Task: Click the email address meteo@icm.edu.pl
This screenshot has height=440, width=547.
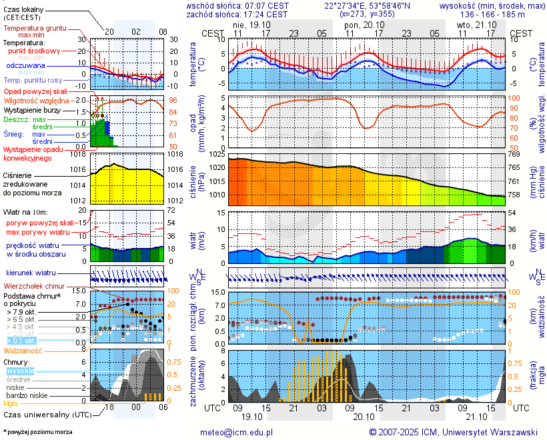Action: (237, 432)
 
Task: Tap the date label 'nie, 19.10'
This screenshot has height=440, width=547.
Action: (249, 24)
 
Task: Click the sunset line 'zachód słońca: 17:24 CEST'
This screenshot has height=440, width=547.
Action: (237, 14)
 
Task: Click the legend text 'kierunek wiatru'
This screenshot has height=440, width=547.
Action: (31, 273)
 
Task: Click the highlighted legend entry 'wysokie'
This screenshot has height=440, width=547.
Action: (19, 371)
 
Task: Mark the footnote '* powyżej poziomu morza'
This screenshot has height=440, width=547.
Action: (37, 432)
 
